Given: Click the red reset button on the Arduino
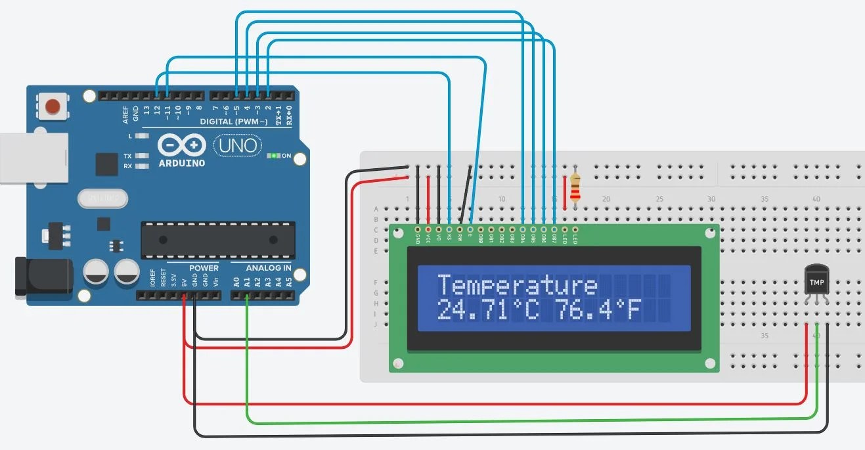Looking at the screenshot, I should click(x=53, y=106).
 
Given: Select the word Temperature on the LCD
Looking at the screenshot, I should click(x=518, y=286).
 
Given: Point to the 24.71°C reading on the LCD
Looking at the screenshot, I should click(x=487, y=309).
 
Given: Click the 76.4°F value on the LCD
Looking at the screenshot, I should click(x=596, y=309).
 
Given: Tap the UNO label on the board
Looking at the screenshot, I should click(x=238, y=145).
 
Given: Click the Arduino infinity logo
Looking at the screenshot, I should click(x=181, y=146).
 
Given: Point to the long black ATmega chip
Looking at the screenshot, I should click(x=218, y=240).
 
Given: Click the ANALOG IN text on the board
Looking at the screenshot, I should click(x=269, y=268).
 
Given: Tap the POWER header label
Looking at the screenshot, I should click(x=204, y=268).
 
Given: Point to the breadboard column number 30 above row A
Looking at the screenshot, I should click(x=711, y=198).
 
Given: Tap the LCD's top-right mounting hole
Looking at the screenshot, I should click(x=709, y=233).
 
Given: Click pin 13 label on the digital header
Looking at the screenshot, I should click(x=146, y=110).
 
